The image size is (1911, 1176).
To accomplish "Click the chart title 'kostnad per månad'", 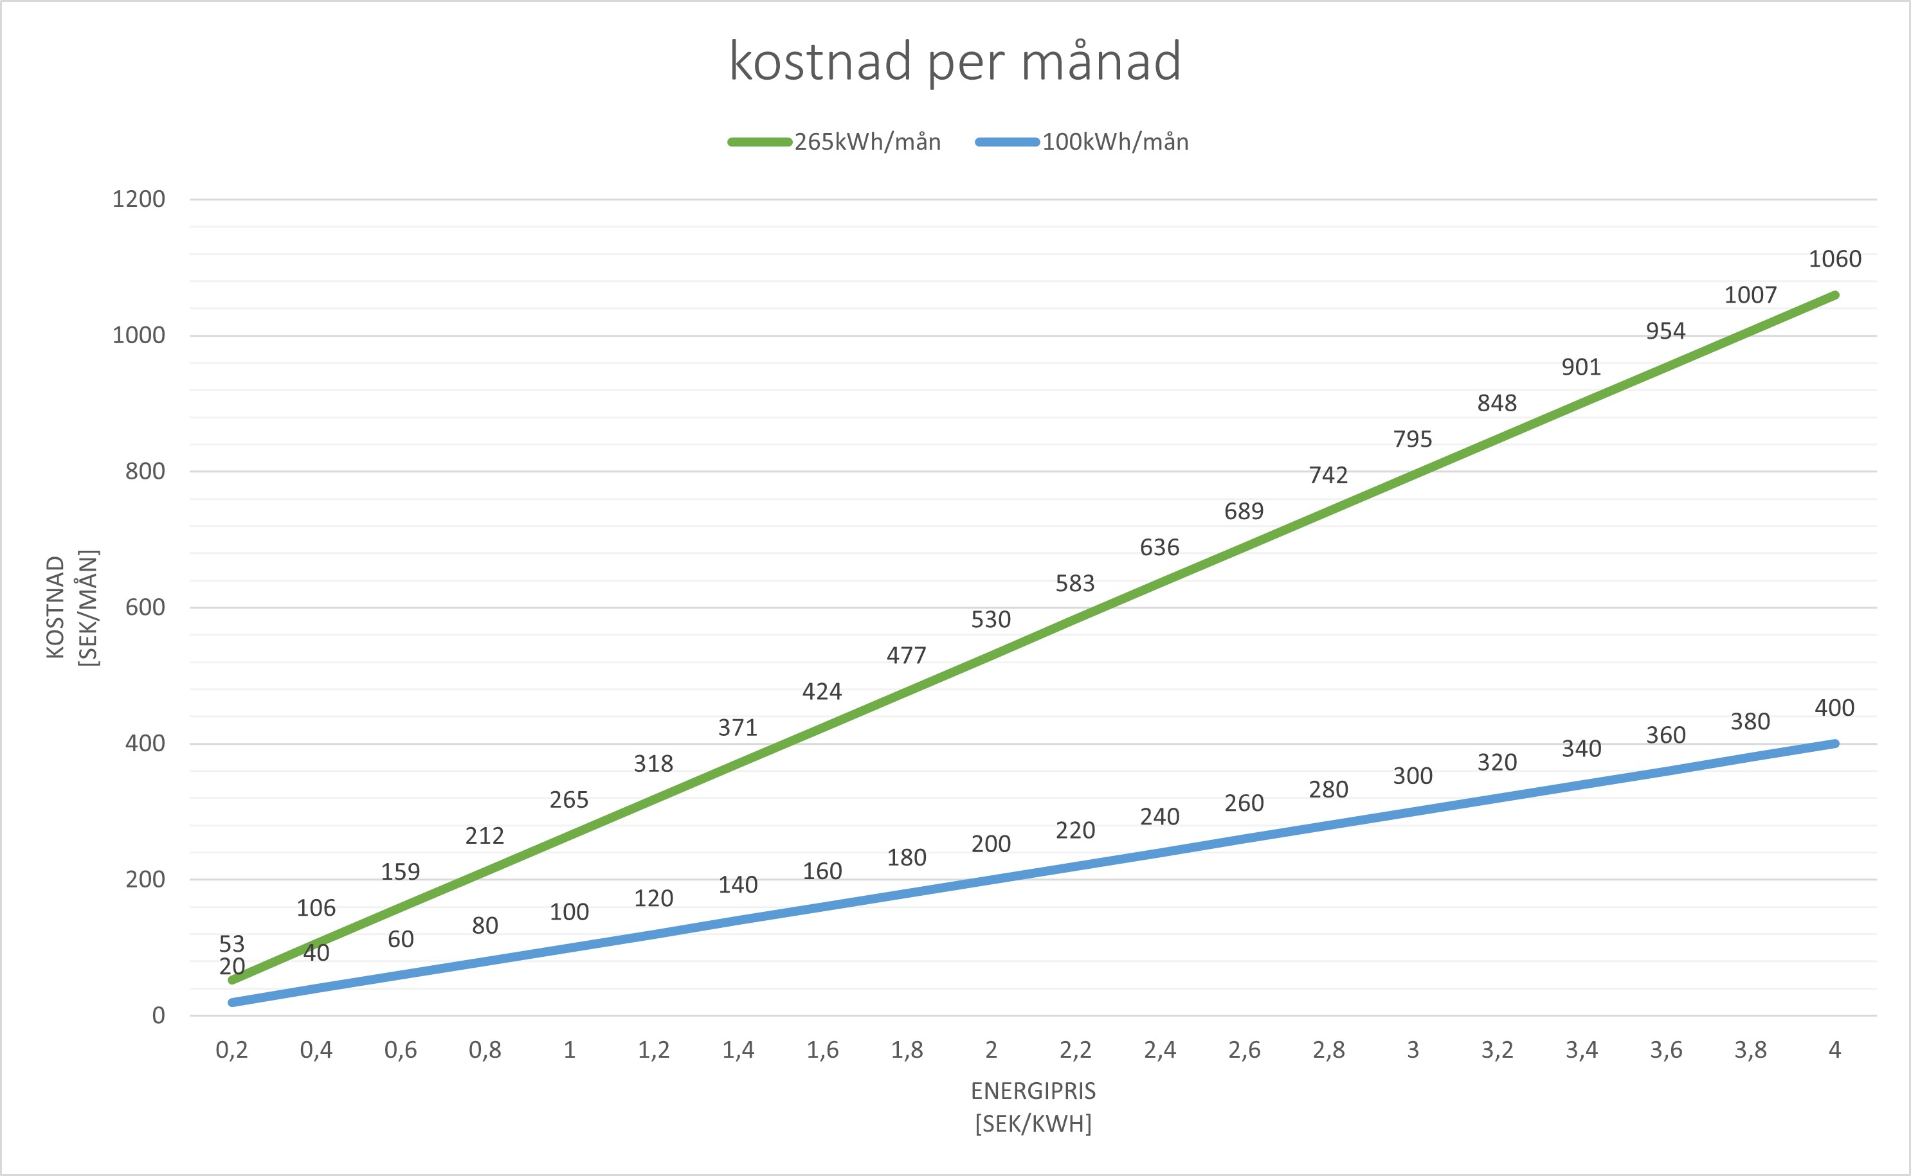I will pyautogui.click(x=955, y=62).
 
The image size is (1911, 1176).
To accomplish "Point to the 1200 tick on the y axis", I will pyautogui.click(x=138, y=199).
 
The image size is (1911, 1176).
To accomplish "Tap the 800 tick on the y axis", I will pyautogui.click(x=145, y=471).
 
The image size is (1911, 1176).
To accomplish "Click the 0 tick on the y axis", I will pyautogui.click(x=158, y=1015).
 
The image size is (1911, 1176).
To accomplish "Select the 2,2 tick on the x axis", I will pyautogui.click(x=1075, y=1050).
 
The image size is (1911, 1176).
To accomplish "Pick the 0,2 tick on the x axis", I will pyautogui.click(x=232, y=1050).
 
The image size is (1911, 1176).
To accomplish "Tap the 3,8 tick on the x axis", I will pyautogui.click(x=1750, y=1050).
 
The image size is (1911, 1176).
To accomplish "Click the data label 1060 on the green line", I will pyautogui.click(x=1834, y=259).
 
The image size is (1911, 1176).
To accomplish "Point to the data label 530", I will pyautogui.click(x=990, y=619).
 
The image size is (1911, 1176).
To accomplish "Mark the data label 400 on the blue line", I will pyautogui.click(x=1834, y=708).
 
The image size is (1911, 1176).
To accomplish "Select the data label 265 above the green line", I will pyautogui.click(x=569, y=799).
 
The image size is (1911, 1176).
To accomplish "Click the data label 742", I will pyautogui.click(x=1328, y=474).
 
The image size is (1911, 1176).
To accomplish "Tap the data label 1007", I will pyautogui.click(x=1751, y=295).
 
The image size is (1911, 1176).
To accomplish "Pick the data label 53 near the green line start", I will pyautogui.click(x=232, y=943).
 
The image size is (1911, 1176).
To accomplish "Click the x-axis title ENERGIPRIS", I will pyautogui.click(x=1033, y=1091).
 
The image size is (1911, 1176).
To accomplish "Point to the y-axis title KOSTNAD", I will pyautogui.click(x=56, y=607).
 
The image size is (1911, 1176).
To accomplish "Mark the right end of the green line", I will pyautogui.click(x=1834, y=296).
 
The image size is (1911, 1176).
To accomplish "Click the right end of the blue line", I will pyautogui.click(x=1834, y=744).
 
